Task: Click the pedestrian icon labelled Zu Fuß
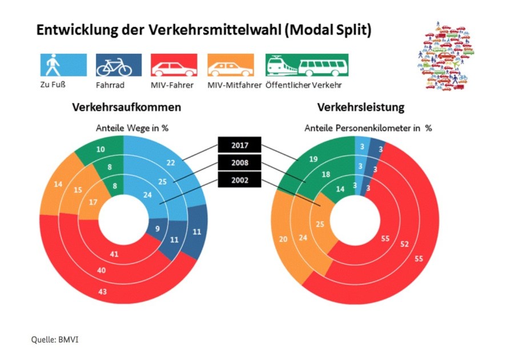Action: click(63, 65)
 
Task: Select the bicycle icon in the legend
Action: click(118, 65)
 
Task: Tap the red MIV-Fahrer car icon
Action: click(174, 65)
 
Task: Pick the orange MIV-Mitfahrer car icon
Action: click(230, 65)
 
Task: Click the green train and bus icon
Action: click(306, 65)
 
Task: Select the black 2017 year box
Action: click(239, 145)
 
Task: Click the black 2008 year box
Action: click(239, 163)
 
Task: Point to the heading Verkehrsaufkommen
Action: click(126, 107)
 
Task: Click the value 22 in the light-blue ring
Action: click(171, 163)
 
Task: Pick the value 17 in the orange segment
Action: click(93, 202)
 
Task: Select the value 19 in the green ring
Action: click(312, 159)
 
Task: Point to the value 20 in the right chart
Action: click(284, 239)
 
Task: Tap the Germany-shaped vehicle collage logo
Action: click(446, 57)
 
